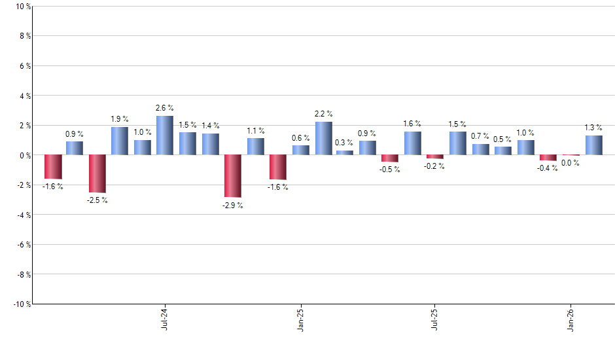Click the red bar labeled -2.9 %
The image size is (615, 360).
pos(233,175)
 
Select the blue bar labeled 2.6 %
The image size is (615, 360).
pos(165,135)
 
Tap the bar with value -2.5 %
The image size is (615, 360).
pos(97,173)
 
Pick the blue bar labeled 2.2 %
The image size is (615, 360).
pos(324,138)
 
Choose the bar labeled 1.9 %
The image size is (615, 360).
pos(120,141)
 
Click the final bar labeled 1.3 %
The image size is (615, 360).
pos(594,145)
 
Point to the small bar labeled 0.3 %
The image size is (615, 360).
pos(345,153)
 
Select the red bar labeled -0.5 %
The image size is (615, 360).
pos(390,158)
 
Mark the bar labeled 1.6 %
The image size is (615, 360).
pos(412,143)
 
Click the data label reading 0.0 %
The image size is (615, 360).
pos(571,163)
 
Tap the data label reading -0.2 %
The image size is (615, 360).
pos(434,166)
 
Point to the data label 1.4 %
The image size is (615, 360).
pos(211,126)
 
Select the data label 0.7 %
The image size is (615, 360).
pos(480,136)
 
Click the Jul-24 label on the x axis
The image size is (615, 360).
pos(164,318)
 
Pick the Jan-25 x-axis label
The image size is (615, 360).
pos(300,318)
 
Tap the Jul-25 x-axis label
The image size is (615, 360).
pos(435,318)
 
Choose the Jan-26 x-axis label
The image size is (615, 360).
pos(571,318)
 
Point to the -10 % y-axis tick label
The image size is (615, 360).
pos(20,304)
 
